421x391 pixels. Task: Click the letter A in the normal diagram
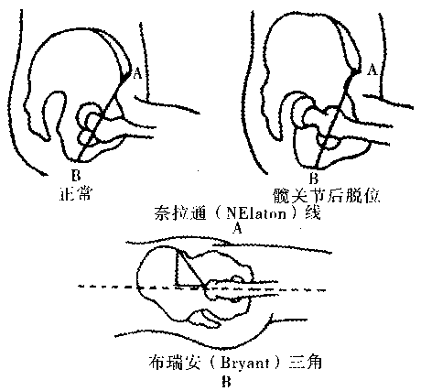coord(138,73)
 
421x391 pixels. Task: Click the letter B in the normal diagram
coord(76,176)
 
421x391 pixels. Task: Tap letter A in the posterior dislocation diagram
coord(372,70)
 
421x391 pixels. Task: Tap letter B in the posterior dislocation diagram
coord(314,179)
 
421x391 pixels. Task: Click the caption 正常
coord(75,193)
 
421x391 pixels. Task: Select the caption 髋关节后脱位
coord(327,195)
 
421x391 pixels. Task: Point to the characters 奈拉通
coord(180,212)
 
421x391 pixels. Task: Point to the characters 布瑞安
coord(175,363)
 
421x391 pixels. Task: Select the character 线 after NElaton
coord(313,212)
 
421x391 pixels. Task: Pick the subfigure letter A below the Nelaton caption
coord(237,228)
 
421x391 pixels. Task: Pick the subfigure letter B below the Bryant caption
coord(226,382)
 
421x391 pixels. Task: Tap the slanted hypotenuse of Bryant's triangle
coord(190,267)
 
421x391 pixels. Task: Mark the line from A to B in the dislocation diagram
coord(335,120)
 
